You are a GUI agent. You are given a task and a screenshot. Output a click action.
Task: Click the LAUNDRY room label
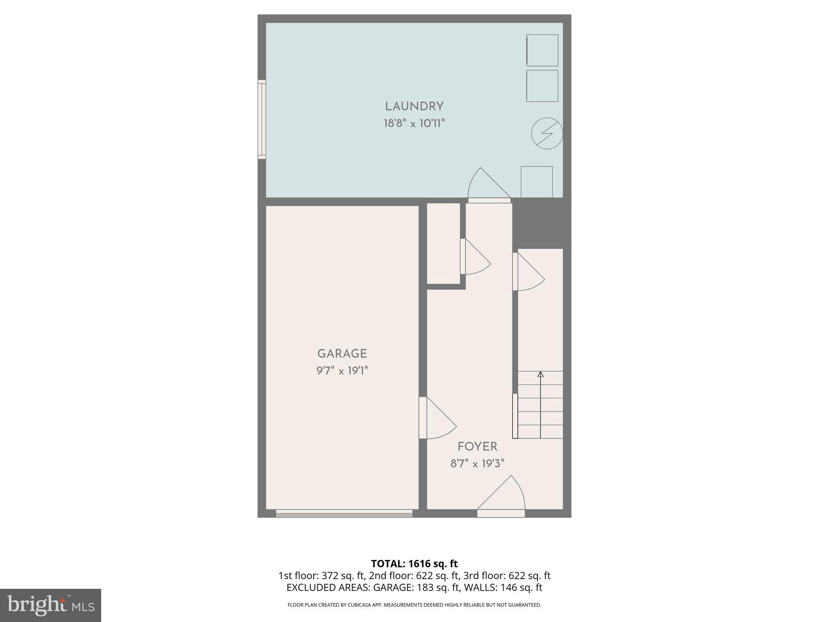[414, 107]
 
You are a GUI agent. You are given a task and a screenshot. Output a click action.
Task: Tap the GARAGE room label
[342, 354]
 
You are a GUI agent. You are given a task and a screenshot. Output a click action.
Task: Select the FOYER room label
[477, 447]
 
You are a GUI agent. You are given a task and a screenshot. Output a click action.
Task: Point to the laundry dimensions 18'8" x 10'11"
[414, 124]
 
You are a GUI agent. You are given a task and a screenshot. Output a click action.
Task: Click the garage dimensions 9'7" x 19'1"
[342, 371]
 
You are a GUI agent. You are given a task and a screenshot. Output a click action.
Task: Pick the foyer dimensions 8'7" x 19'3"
[477, 463]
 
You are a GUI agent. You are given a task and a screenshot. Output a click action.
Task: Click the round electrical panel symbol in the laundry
[546, 133]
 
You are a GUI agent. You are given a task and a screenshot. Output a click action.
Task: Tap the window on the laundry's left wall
[262, 119]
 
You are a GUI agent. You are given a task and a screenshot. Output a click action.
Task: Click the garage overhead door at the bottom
[344, 513]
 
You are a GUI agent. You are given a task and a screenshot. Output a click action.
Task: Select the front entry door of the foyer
[501, 513]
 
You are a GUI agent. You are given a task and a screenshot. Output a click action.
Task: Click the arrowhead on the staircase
[540, 374]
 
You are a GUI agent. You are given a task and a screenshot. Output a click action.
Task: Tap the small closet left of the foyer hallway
[443, 243]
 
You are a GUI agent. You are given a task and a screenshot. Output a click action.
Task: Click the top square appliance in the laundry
[542, 50]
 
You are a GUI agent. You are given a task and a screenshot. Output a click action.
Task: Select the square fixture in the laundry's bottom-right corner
[536, 182]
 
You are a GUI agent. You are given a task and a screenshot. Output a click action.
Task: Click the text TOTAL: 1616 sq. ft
[414, 564]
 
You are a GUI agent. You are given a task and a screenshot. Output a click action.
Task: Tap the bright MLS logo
[51, 605]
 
